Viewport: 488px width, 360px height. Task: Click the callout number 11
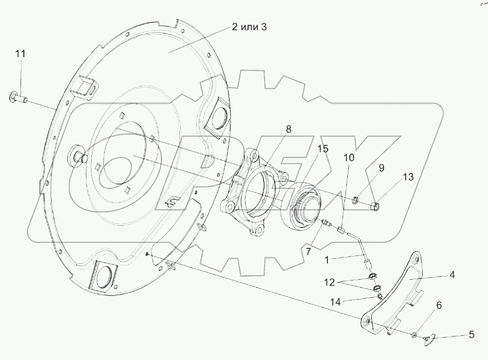[x=20, y=54]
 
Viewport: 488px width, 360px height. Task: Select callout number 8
[x=288, y=129]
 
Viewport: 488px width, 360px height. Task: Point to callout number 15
[x=323, y=149]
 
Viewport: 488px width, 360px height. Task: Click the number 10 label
[x=349, y=158]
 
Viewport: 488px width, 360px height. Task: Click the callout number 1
[x=327, y=259]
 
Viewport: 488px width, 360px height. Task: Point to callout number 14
[x=335, y=302]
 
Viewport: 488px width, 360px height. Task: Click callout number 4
[x=452, y=275]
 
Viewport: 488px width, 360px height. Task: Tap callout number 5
[x=471, y=334]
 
